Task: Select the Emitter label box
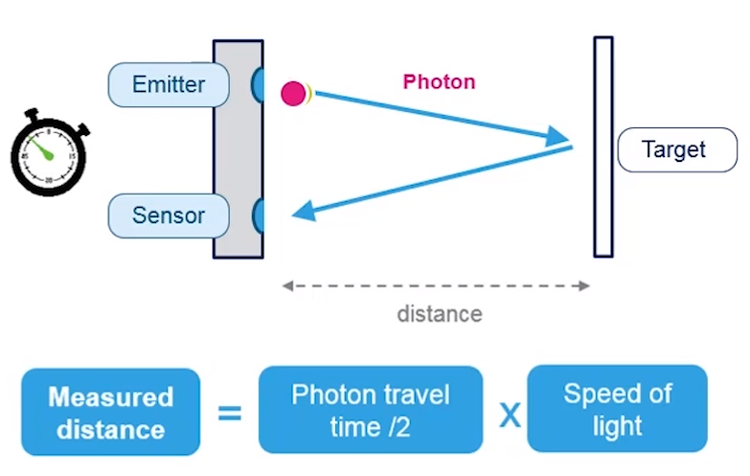(169, 84)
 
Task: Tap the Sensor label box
(169, 215)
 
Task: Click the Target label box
(676, 150)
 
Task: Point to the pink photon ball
(293, 93)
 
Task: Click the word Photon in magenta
(439, 81)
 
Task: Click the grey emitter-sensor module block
(238, 148)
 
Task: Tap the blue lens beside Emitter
(258, 84)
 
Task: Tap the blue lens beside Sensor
(258, 215)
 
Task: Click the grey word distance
(440, 313)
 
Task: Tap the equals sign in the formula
(230, 413)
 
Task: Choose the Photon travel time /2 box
(370, 410)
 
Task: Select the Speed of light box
(617, 409)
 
